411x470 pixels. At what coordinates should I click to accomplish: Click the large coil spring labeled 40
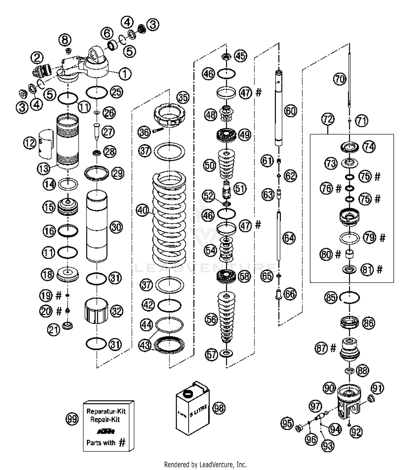169,219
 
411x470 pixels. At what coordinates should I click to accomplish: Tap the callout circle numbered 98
219,408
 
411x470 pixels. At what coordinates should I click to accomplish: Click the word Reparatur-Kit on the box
106,411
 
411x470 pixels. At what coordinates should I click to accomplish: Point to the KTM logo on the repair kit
106,431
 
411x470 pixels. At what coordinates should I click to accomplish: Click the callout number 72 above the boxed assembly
328,119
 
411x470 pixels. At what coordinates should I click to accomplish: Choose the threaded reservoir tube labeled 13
67,141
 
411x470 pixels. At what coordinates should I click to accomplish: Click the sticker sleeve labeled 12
46,144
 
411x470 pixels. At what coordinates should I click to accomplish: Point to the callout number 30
116,227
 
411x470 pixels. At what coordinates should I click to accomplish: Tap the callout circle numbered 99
72,419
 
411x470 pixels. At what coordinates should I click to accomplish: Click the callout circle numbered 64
289,238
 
